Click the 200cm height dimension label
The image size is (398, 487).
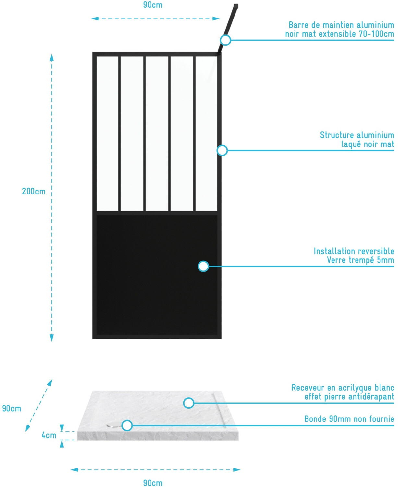click(x=34, y=191)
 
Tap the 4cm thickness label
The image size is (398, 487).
click(x=49, y=435)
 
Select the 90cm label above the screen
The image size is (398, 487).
click(x=153, y=5)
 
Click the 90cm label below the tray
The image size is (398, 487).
click(x=153, y=482)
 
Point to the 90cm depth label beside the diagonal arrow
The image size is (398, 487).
click(x=12, y=408)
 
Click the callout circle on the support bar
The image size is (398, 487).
click(x=225, y=40)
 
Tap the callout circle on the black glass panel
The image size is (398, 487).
click(x=203, y=266)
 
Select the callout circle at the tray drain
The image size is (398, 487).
click(x=127, y=425)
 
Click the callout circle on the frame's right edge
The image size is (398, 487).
click(x=222, y=150)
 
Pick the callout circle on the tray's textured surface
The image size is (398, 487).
click(x=189, y=403)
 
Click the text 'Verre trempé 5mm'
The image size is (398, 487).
click(x=360, y=260)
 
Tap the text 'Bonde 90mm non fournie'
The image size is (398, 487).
click(x=349, y=419)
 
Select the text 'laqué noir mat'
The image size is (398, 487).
click(x=368, y=144)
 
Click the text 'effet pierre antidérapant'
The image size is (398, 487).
click(x=349, y=396)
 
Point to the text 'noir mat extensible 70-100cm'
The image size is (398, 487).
click(x=340, y=34)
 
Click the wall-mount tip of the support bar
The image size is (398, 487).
click(x=236, y=6)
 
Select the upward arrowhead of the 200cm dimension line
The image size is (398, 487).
click(x=52, y=58)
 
